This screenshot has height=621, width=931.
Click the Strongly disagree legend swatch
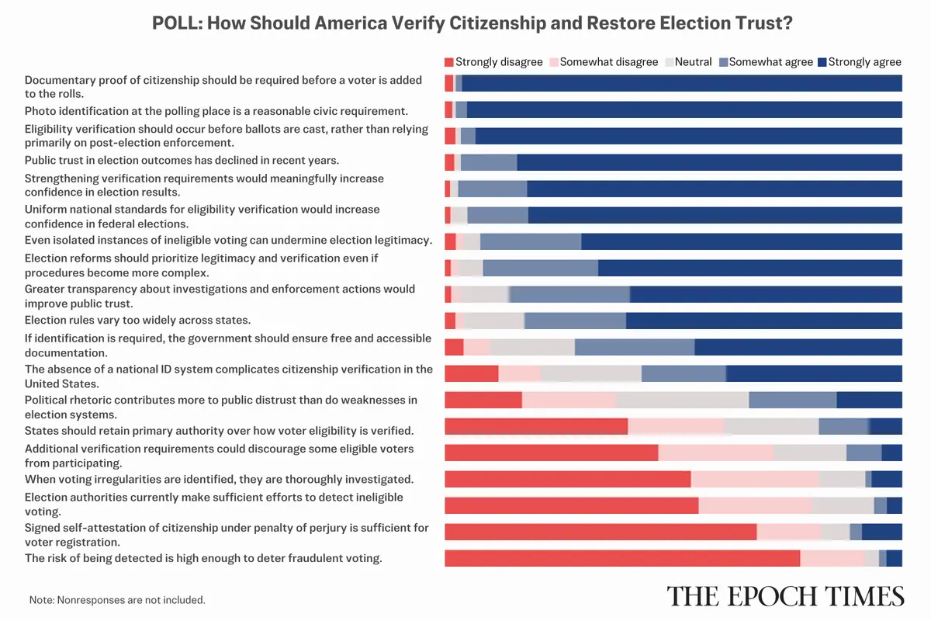(448, 61)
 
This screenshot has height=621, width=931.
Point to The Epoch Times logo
(785, 596)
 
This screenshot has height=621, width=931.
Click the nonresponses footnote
(117, 600)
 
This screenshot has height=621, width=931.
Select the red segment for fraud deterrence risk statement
(621, 558)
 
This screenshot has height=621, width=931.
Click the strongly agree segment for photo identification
(684, 109)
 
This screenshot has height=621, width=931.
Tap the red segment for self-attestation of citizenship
(600, 532)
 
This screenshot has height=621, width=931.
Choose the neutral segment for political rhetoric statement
(682, 401)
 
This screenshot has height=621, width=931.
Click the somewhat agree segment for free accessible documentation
(634, 347)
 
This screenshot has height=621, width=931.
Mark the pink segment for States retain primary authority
(675, 426)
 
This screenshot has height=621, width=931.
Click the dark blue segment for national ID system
(813, 373)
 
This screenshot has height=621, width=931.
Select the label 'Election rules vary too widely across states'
(137, 320)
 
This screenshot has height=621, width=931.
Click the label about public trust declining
(182, 161)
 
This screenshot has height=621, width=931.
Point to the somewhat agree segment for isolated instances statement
(530, 241)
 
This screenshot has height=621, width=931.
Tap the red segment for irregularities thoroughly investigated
(567, 479)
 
